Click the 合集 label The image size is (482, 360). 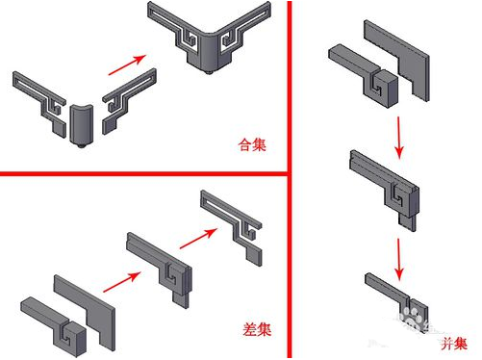click(253, 147)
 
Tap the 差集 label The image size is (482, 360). click(253, 328)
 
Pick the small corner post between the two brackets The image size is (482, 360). click(81, 123)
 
